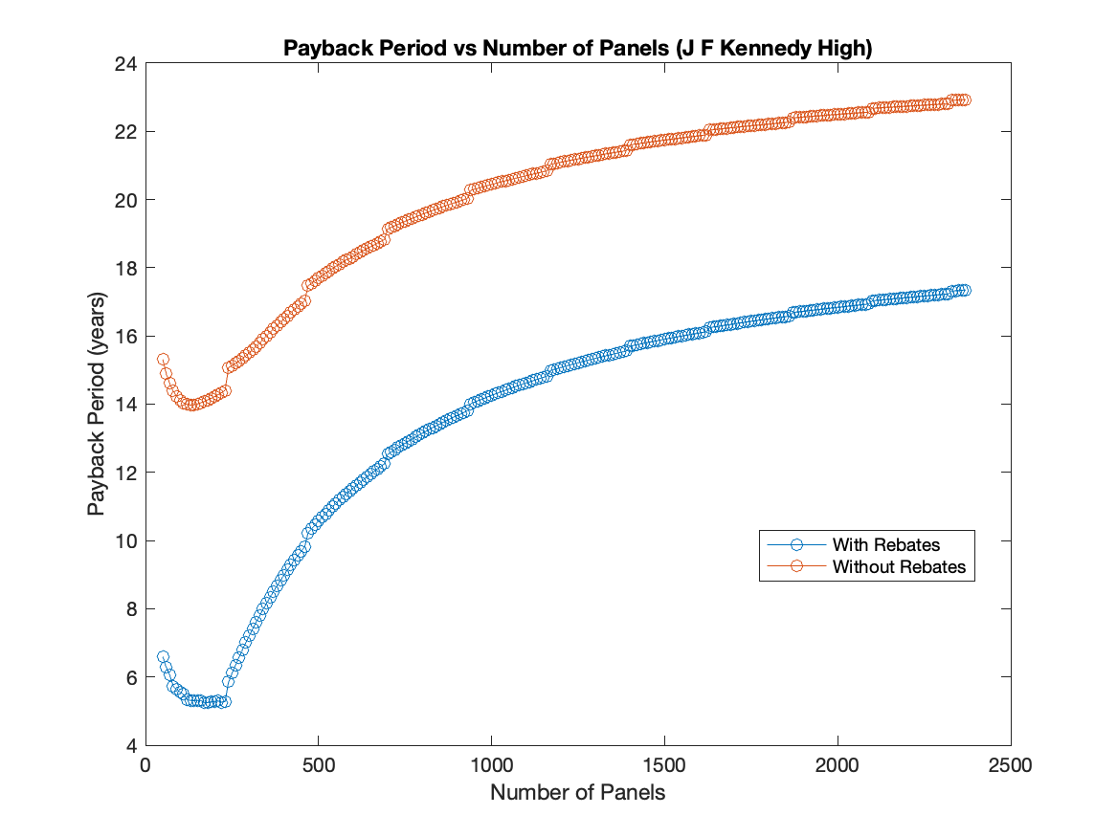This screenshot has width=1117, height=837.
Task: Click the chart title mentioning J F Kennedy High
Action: (577, 49)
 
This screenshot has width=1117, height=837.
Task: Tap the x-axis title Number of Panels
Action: (577, 793)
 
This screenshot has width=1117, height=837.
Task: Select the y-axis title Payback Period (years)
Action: (97, 405)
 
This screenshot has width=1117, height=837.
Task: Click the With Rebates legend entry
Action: (885, 545)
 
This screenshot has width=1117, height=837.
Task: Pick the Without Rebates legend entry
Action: (899, 567)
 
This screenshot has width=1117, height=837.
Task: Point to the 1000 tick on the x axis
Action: (491, 766)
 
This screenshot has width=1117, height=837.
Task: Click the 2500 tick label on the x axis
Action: (1011, 766)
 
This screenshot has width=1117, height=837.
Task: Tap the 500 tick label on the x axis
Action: (318, 766)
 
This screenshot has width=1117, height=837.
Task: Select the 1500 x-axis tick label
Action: (664, 766)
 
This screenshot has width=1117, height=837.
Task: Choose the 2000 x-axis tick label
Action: (838, 766)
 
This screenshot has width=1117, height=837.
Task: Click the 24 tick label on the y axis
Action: (125, 64)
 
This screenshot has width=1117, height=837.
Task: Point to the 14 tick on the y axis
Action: (125, 405)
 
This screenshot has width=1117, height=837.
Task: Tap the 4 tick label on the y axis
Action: (130, 745)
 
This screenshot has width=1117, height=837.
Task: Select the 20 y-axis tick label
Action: (125, 200)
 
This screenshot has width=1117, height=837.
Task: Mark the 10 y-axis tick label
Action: (125, 541)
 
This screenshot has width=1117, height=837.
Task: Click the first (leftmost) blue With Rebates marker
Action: (163, 657)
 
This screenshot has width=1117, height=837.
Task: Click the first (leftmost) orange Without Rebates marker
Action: (163, 360)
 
